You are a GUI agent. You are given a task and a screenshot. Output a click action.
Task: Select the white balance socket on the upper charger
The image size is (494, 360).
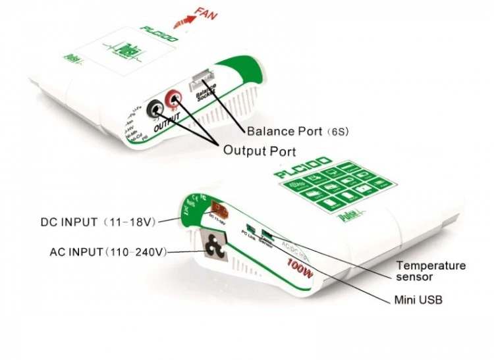click(x=199, y=83)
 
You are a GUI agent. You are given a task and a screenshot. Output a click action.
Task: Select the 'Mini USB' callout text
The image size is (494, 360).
click(x=418, y=300)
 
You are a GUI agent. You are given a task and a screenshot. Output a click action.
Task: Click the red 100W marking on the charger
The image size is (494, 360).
click(x=298, y=267)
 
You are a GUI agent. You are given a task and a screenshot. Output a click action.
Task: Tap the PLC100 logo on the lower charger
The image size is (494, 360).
click(x=304, y=167)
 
